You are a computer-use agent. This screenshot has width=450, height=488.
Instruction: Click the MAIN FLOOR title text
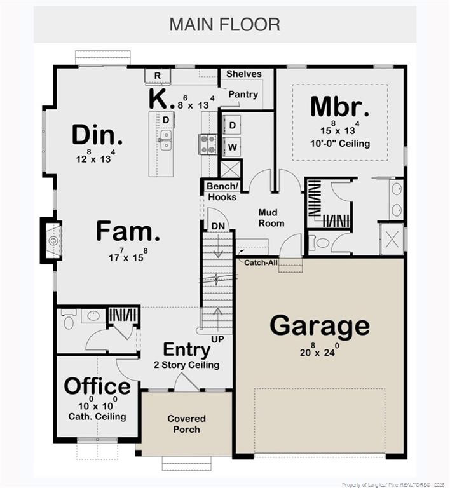224,25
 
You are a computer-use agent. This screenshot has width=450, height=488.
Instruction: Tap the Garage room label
319,326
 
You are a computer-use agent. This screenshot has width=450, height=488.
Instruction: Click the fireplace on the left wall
51,240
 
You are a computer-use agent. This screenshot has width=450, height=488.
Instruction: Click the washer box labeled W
232,147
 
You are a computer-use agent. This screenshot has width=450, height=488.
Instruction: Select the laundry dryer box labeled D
232,125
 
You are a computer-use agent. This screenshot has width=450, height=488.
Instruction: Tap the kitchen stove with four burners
208,144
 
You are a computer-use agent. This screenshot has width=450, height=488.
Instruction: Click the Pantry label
243,95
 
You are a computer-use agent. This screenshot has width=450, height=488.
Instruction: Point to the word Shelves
243,74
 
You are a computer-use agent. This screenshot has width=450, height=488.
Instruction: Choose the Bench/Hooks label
222,191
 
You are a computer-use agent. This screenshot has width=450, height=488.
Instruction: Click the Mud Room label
271,218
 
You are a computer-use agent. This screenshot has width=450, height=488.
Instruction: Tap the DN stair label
217,226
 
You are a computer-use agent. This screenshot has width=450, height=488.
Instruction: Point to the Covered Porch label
186,424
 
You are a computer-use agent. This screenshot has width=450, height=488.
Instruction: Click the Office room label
97,386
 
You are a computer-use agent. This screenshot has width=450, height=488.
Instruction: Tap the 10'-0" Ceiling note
341,144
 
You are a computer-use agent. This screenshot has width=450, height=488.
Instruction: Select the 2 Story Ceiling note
186,365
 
